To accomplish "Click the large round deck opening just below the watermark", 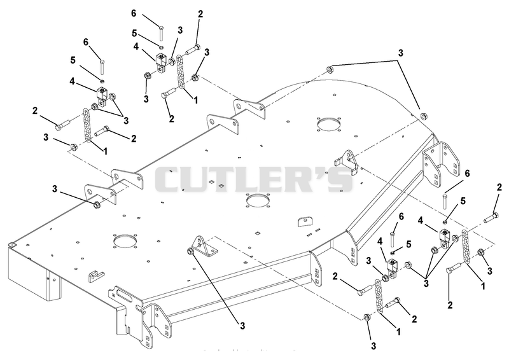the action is (258, 200).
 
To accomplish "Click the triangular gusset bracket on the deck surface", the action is (204, 245).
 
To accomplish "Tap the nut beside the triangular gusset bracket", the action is (191, 251).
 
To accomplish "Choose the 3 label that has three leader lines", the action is (426, 283).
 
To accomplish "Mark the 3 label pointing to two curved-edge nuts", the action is (401, 53).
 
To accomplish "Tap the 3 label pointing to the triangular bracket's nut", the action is (242, 326).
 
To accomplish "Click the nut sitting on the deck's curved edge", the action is (423, 116).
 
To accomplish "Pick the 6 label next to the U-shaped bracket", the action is (467, 174).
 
